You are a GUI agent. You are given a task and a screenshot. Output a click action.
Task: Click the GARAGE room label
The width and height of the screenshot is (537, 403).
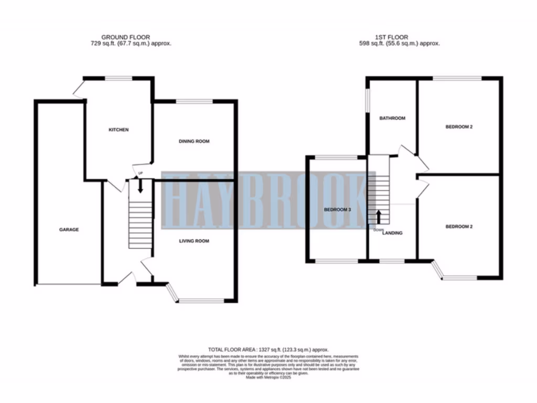point(69,229)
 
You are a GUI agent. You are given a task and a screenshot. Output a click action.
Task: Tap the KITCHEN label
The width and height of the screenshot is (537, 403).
point(119,130)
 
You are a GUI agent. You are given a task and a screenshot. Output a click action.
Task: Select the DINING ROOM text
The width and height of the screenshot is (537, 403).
point(194,141)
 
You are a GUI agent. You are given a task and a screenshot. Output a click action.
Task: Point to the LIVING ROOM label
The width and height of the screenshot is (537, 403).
point(194,241)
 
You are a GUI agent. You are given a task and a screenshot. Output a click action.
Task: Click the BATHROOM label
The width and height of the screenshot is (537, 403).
point(392,119)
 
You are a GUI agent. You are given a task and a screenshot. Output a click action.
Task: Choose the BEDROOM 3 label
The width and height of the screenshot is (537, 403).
point(337,209)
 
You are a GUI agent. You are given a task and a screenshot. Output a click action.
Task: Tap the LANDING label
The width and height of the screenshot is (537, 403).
point(392,233)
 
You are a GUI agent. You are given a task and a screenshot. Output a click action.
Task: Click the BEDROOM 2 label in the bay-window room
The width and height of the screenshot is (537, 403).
point(459,227)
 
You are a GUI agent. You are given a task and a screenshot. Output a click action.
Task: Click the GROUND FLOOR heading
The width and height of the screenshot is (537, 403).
point(125,37)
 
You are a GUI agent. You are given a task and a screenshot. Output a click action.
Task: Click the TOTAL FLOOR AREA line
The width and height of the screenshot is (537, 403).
point(268,349)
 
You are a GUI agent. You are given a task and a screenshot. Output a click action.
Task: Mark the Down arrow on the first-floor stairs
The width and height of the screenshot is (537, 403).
point(379,217)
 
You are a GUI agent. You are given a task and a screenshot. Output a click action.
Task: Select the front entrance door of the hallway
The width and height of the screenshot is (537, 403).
point(126,277)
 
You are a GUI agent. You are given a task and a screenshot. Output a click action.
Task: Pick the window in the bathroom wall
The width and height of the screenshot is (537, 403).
point(367,97)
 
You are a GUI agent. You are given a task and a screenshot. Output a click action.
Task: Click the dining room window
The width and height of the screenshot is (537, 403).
point(194,101)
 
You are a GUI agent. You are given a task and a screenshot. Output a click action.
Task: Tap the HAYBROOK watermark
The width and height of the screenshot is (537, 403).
point(262,200)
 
